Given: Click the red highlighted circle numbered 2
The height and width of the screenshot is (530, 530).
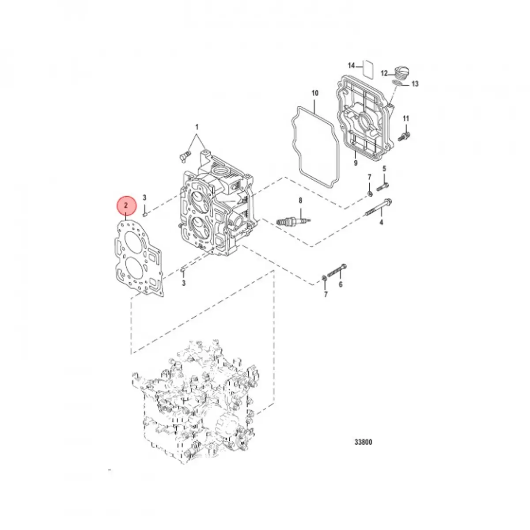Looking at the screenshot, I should tap(126, 205).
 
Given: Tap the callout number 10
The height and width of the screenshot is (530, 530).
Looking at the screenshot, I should tap(314, 94).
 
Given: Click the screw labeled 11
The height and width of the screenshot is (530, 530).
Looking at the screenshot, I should tap(405, 135).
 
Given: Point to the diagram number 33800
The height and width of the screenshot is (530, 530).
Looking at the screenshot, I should tap(362, 442).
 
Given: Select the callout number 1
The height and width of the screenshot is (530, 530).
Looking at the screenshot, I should tap(197, 127).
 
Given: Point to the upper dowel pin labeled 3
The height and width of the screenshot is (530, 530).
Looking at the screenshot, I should tap(145, 214).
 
